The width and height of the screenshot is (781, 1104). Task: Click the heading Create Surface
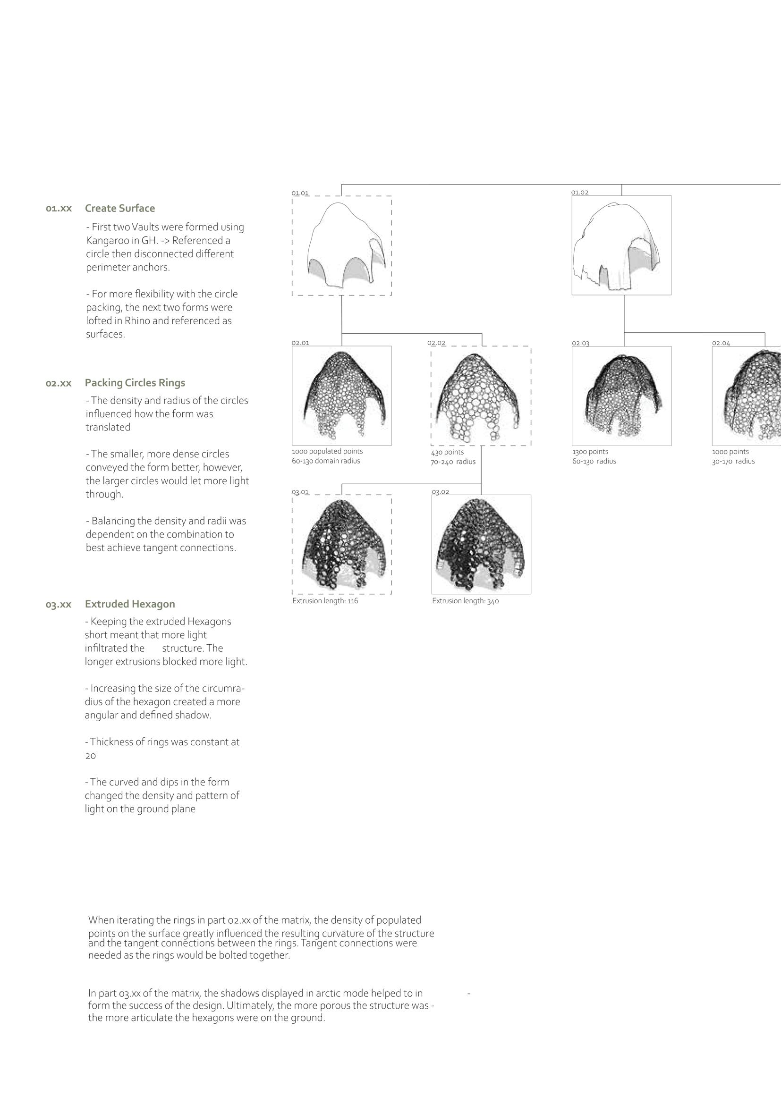point(120,208)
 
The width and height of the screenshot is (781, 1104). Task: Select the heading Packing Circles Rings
point(135,383)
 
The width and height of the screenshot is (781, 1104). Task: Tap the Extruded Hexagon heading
point(130,604)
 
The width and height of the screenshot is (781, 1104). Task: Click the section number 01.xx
point(59,209)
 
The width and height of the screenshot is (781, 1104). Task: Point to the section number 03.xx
point(59,605)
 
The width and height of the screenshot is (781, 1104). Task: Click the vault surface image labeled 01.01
point(341,246)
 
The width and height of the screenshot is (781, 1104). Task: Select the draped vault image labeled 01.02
point(621,245)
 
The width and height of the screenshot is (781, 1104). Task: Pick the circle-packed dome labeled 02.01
point(341,395)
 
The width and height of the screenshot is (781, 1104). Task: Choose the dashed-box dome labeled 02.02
point(481,396)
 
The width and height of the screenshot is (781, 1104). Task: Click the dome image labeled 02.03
point(621,396)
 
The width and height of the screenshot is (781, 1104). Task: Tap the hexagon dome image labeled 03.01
point(341,544)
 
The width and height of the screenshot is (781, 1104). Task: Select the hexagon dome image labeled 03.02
point(481,544)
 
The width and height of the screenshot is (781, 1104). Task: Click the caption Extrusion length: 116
point(325,601)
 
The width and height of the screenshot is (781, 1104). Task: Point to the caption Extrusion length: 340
point(465,601)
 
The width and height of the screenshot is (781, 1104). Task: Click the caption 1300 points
point(590,452)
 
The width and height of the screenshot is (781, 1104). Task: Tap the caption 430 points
point(447,452)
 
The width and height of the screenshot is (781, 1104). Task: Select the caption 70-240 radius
point(453,462)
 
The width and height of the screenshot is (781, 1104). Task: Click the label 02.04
point(721,343)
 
